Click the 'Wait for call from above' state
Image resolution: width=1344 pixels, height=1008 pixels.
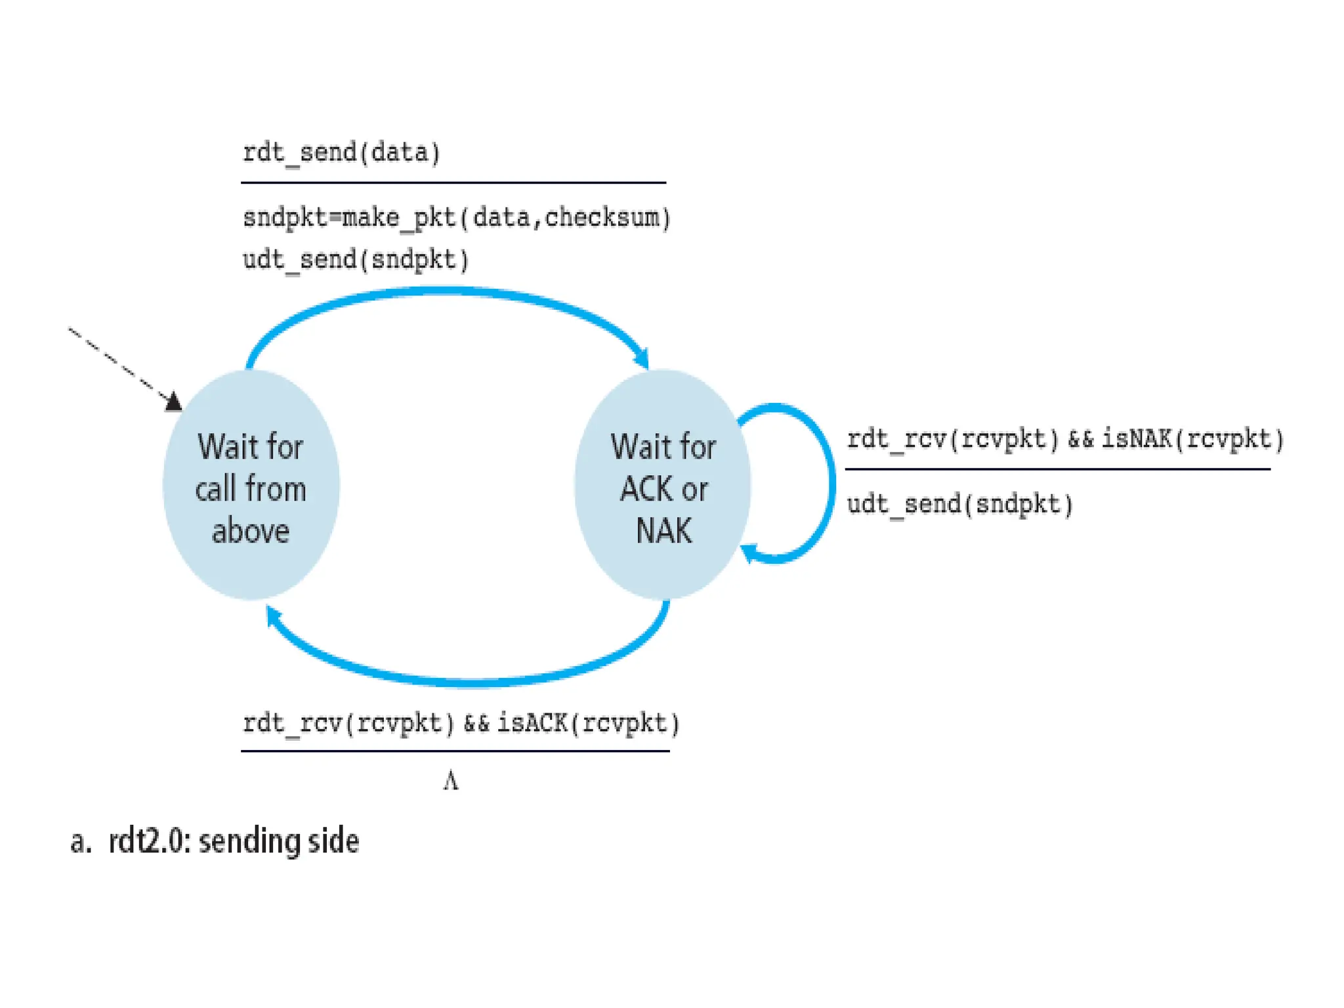(251, 486)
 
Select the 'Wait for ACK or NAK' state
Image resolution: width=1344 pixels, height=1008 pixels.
(663, 486)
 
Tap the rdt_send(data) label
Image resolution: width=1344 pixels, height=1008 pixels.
(341, 153)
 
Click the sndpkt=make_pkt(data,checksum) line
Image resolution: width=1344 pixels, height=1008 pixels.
(457, 217)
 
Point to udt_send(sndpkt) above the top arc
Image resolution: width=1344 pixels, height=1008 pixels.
(356, 260)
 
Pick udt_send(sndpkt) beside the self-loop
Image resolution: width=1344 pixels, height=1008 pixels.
(960, 505)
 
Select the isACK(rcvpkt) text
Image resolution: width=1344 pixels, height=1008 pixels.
(588, 723)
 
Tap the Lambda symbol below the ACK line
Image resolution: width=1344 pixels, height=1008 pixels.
(451, 782)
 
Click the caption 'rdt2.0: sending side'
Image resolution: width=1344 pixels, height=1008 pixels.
(233, 842)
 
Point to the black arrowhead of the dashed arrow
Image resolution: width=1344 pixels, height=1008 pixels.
(173, 401)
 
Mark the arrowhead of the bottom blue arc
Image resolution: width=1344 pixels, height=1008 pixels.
(273, 616)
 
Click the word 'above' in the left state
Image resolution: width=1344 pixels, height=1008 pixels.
(251, 531)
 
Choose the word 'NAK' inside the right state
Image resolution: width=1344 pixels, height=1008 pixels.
(663, 531)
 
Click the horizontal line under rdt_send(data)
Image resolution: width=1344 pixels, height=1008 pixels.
(453, 182)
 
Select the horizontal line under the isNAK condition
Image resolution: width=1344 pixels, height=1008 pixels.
(1057, 469)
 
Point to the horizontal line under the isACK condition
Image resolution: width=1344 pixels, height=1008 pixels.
(455, 751)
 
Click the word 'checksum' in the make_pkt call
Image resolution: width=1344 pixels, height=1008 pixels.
(603, 217)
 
